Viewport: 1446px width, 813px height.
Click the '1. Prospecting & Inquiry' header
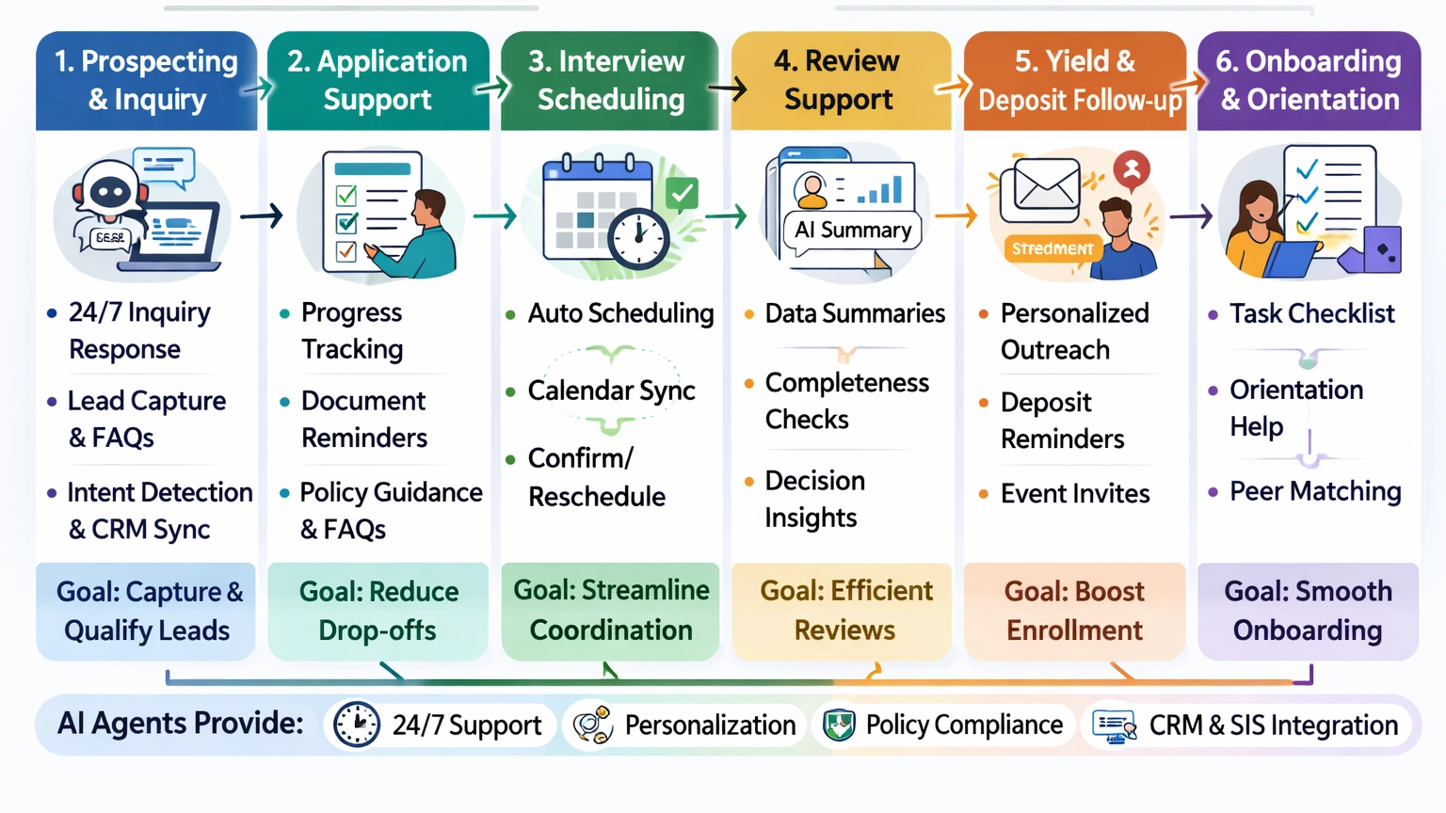(146, 81)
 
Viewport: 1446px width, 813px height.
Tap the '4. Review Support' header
(838, 81)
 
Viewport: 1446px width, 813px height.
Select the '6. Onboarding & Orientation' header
(1309, 81)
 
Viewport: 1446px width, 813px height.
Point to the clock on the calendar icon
(638, 238)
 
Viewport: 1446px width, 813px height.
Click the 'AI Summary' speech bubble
(853, 231)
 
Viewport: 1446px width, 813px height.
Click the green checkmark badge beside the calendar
(682, 194)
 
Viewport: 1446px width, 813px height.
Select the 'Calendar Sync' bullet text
(611, 391)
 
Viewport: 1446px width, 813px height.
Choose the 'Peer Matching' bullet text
(1315, 491)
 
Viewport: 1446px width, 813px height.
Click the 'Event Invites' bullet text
(1075, 494)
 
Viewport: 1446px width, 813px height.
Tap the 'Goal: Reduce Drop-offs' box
(378, 611)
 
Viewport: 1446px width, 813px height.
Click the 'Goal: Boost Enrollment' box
(1074, 611)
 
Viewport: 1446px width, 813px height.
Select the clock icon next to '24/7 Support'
(357, 725)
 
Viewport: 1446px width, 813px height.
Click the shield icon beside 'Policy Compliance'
(839, 725)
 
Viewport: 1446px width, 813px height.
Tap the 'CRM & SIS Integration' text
(1273, 725)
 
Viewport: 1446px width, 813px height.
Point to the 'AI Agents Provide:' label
(181, 724)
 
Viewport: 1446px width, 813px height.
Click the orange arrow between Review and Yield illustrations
(956, 216)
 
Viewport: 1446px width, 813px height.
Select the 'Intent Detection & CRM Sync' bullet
(158, 511)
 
